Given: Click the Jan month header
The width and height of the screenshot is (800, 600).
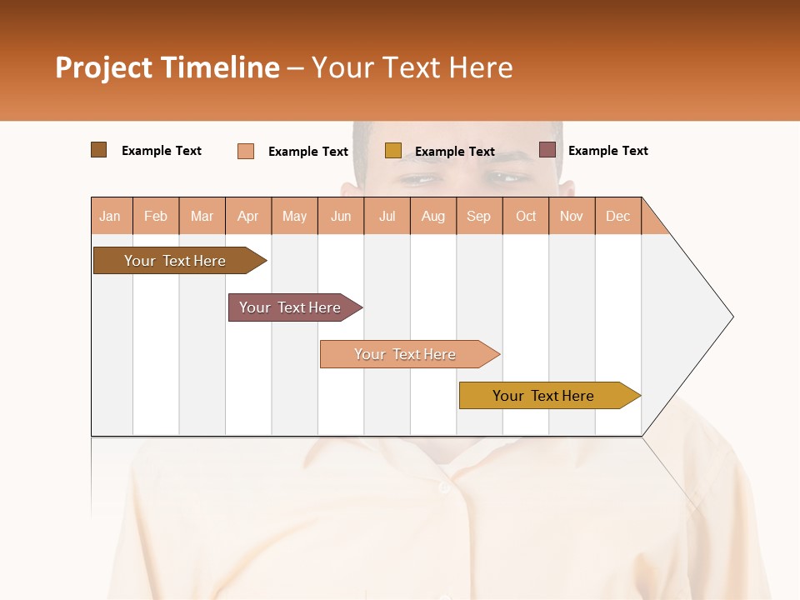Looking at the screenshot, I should tap(111, 216).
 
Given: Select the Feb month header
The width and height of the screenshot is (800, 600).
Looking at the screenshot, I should tap(156, 216).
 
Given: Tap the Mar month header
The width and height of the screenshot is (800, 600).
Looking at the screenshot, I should tap(202, 216).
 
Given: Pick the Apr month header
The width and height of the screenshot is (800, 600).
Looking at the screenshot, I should tap(248, 216).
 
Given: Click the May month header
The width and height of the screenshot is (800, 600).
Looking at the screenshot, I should tap(294, 216).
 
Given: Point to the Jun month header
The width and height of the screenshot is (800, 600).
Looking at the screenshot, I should tap(341, 216).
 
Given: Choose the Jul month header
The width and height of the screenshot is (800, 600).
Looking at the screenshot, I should tap(387, 216).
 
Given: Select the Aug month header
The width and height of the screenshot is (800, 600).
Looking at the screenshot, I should tap(433, 216).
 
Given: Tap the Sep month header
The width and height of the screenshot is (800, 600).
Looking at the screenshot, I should tap(479, 216).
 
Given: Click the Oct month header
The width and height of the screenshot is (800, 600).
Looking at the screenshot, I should tap(526, 216).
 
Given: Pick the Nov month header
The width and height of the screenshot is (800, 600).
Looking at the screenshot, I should tap(572, 216).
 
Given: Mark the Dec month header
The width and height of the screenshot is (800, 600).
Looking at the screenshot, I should tap(618, 216).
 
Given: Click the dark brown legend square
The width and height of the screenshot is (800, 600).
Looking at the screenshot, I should tap(98, 150).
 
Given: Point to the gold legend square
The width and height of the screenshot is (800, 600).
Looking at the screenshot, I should tap(393, 151).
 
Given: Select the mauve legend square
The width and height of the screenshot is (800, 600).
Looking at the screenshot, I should tap(547, 150).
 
